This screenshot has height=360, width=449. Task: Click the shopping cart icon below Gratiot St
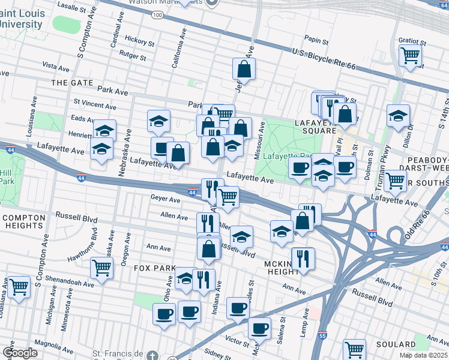pos(411,56)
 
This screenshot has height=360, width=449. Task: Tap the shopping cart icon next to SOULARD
pos(354,349)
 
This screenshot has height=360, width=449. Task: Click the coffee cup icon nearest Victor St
pos(259,329)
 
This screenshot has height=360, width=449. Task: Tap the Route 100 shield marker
pos(157,14)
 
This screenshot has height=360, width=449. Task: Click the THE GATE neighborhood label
pos(72,82)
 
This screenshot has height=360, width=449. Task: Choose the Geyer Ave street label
pos(166,199)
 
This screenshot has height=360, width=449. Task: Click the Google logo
pos(19,352)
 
